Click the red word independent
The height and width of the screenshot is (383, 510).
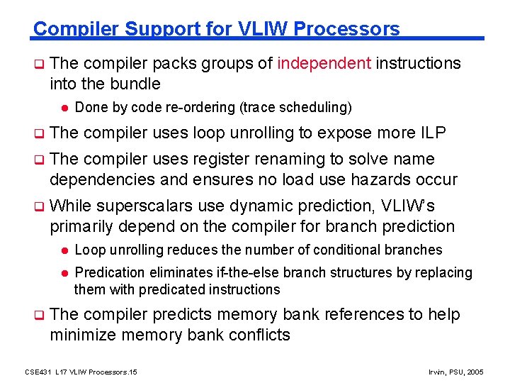(324, 64)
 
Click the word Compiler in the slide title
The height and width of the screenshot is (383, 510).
(69, 29)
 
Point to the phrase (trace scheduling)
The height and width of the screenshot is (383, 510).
(295, 108)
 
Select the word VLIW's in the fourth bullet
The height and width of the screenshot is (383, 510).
(408, 206)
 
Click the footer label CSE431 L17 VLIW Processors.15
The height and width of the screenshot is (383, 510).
(81, 372)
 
